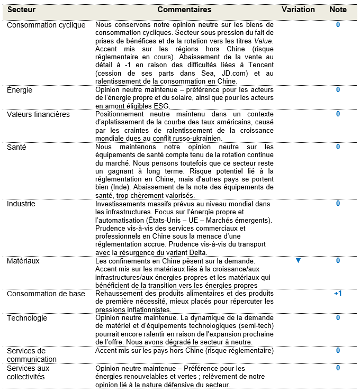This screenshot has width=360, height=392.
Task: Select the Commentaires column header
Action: click(x=184, y=10)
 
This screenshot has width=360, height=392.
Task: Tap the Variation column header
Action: click(x=298, y=10)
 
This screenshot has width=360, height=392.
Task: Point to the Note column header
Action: click(x=338, y=10)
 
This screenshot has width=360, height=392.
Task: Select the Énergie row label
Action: click(x=20, y=90)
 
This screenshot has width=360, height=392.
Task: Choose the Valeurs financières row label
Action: click(x=38, y=114)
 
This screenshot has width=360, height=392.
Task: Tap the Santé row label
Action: click(x=16, y=147)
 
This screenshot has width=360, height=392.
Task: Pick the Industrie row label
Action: click(x=21, y=204)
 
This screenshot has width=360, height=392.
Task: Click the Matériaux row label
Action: click(x=23, y=261)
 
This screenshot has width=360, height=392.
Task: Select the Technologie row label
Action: click(x=27, y=318)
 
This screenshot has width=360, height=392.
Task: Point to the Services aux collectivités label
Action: click(x=28, y=372)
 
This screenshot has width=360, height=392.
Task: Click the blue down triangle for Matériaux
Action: click(x=298, y=261)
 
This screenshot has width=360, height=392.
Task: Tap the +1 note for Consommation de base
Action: click(x=338, y=294)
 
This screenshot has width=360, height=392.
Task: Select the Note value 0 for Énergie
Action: click(x=338, y=90)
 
